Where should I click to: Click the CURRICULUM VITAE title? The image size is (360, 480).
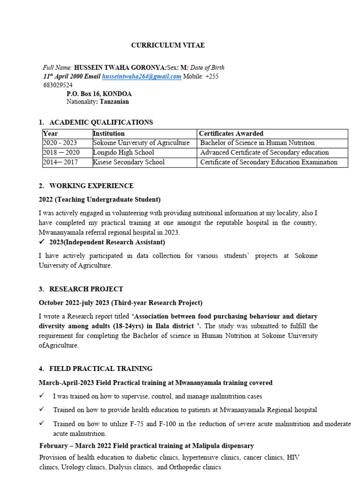pyautogui.click(x=168, y=45)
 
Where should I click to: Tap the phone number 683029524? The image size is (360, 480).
pyautogui.click(x=55, y=85)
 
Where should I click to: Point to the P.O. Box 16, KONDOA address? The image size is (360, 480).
pyautogui.click(x=99, y=94)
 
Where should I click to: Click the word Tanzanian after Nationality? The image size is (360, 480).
pyautogui.click(x=113, y=102)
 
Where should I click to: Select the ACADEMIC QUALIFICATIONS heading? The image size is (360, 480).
pyautogui.click(x=101, y=122)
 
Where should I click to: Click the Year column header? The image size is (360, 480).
pyautogui.click(x=50, y=134)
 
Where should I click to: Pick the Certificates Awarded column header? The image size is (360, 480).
pyautogui.click(x=231, y=134)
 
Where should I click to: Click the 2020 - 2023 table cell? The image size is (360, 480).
pyautogui.click(x=60, y=143)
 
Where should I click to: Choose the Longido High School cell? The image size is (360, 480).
pyautogui.click(x=124, y=152)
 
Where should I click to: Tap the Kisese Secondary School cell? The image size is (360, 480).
pyautogui.click(x=129, y=162)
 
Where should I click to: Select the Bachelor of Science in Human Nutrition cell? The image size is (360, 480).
pyautogui.click(x=257, y=143)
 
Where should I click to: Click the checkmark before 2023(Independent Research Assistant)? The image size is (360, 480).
pyautogui.click(x=42, y=242)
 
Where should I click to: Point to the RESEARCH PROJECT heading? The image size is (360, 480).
pyautogui.click(x=86, y=289)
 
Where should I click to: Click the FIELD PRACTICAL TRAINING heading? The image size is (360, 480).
pyautogui.click(x=101, y=369)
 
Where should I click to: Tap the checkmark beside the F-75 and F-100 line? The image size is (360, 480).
pyautogui.click(x=42, y=423)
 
